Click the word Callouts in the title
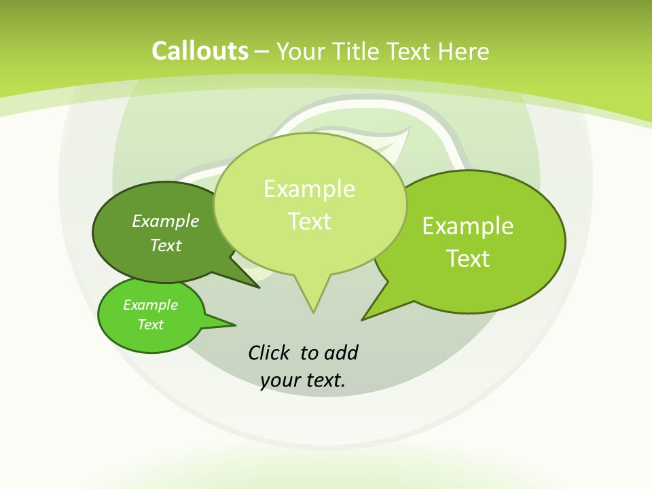200,51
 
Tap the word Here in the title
463,51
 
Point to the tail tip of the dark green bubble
259,287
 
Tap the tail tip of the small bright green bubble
235,324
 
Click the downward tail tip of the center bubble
313,312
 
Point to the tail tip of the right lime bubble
362,319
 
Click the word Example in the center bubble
310,189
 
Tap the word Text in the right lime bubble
468,258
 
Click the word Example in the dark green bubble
166,221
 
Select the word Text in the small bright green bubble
151,325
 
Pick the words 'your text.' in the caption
303,380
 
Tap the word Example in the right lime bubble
468,225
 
